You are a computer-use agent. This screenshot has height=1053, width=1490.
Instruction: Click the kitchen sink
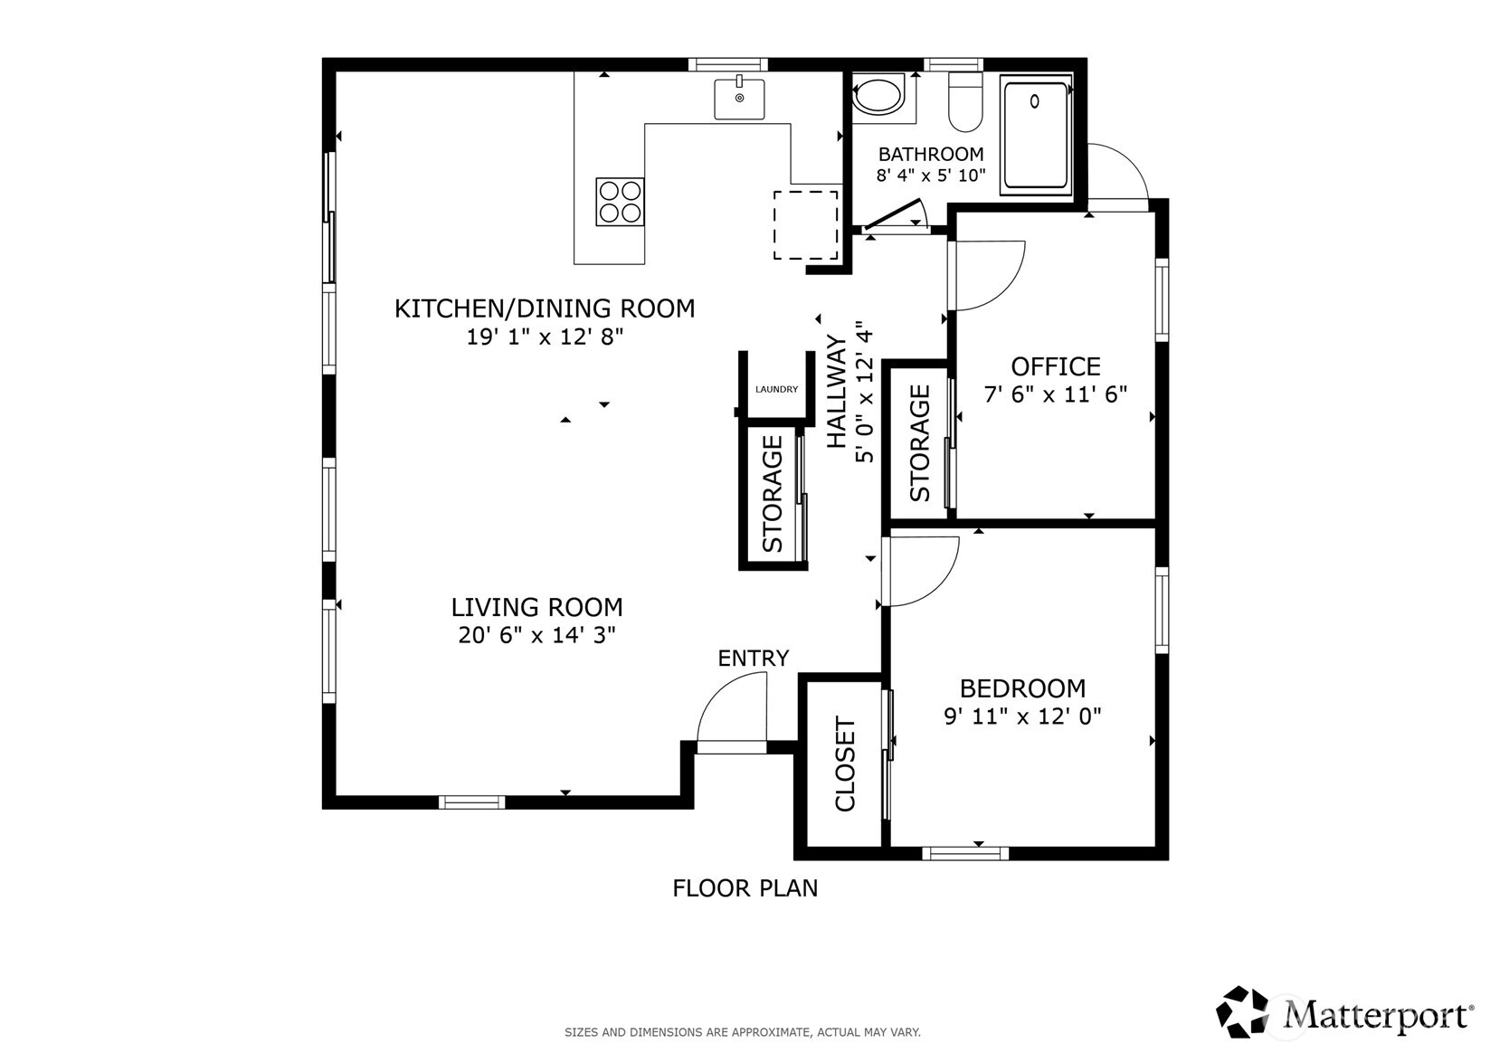pyautogui.click(x=739, y=99)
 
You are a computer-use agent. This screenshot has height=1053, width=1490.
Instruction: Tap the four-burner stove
pyautogui.click(x=620, y=202)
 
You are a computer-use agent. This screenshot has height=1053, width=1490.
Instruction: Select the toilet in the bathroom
pyautogui.click(x=965, y=102)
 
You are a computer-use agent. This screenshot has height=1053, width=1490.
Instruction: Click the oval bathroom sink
pyautogui.click(x=878, y=97)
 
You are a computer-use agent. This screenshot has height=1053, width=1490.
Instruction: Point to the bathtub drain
pyautogui.click(x=1034, y=102)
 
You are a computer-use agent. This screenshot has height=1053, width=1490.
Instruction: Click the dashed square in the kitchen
pyautogui.click(x=805, y=225)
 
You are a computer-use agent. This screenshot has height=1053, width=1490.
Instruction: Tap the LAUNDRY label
pyautogui.click(x=776, y=389)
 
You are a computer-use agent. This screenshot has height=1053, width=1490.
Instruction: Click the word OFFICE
pyautogui.click(x=1056, y=366)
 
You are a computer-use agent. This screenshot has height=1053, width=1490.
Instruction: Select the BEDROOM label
pyautogui.click(x=1023, y=688)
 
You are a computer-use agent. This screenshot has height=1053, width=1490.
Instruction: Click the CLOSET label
pyautogui.click(x=845, y=764)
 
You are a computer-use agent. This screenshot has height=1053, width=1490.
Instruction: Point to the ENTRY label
pyautogui.click(x=753, y=658)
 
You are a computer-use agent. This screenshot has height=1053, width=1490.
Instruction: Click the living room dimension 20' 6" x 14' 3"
pyautogui.click(x=536, y=635)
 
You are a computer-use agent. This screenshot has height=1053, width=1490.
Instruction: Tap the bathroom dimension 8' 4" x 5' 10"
pyautogui.click(x=931, y=175)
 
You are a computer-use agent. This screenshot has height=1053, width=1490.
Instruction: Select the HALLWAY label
pyautogui.click(x=836, y=392)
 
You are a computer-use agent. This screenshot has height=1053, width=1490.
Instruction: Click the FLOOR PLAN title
pyautogui.click(x=745, y=888)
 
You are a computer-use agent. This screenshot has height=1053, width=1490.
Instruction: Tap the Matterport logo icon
pyautogui.click(x=1242, y=1011)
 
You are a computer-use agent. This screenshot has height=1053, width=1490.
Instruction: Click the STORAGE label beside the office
pyautogui.click(x=919, y=443)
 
